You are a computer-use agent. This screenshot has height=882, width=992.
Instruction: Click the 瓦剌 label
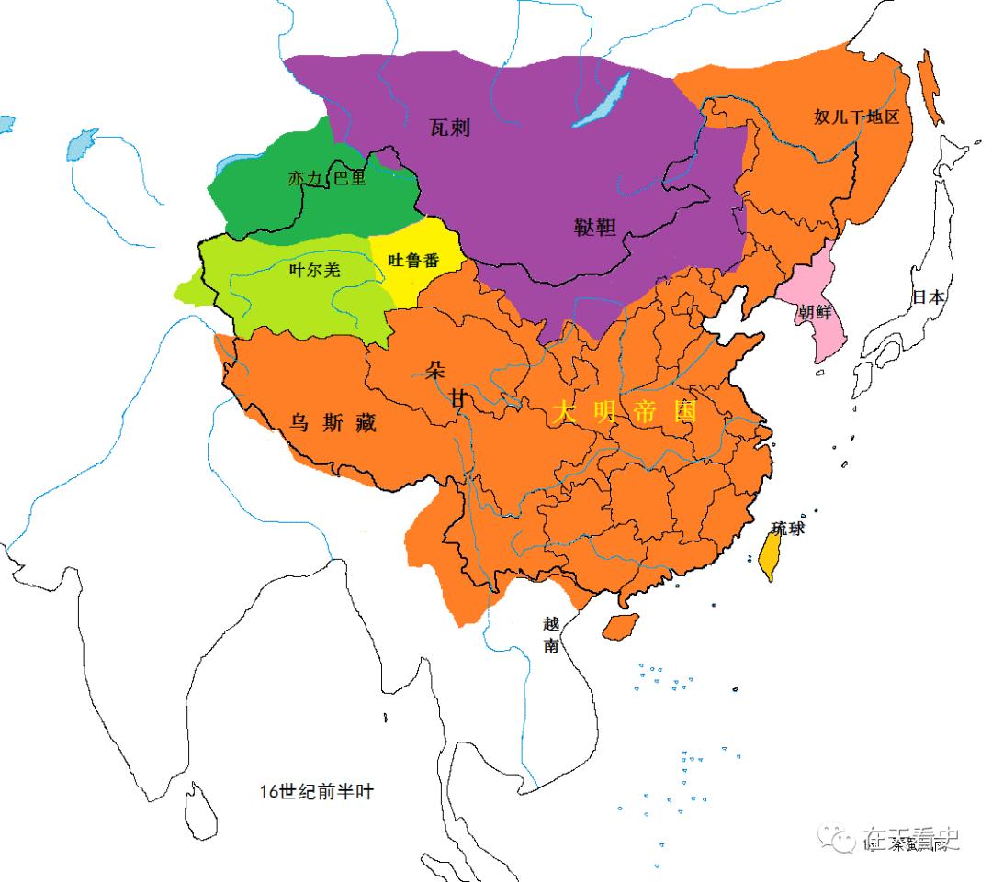(449, 127)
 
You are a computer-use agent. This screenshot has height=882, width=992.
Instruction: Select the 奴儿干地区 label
(855, 117)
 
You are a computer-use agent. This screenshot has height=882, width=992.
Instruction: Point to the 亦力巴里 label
(328, 178)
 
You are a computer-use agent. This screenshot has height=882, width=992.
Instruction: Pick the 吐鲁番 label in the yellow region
(413, 261)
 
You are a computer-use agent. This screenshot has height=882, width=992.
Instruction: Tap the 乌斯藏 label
(332, 422)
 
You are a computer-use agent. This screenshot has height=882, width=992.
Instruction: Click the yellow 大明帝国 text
(626, 412)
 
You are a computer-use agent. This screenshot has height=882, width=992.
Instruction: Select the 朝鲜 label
(814, 311)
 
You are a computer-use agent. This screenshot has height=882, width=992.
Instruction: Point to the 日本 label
(927, 296)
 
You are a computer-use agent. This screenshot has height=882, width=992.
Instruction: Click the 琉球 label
(787, 529)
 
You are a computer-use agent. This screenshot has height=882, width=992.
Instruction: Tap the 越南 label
(550, 633)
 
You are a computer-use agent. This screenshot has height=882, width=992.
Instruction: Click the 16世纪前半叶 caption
(316, 792)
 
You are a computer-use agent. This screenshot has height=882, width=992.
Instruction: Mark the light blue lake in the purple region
(602, 100)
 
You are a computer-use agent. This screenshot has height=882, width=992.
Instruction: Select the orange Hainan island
(622, 626)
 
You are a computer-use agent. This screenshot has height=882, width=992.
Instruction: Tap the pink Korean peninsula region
(814, 335)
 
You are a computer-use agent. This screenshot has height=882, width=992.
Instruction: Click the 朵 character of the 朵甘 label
(434, 370)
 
